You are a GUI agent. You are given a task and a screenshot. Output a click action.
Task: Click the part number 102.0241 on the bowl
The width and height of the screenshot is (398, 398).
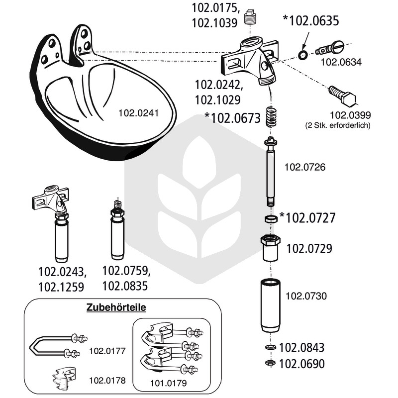pyautogui.click(x=138, y=113)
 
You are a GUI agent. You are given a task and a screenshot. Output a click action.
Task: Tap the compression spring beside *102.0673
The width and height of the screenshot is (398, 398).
pyautogui.click(x=271, y=116)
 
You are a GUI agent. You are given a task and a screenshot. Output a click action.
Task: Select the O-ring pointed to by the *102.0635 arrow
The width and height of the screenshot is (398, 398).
pyautogui.click(x=303, y=55)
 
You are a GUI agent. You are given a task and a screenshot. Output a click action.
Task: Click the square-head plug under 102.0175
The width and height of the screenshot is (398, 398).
pyautogui.click(x=250, y=17)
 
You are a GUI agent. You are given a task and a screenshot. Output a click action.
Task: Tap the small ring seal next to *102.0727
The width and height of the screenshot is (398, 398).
pyautogui.click(x=271, y=218)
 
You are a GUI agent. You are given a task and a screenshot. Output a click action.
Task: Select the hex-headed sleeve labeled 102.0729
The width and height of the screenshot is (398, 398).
pyautogui.click(x=271, y=248)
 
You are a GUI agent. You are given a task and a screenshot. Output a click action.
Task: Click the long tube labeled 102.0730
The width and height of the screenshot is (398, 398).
pyautogui.click(x=271, y=305)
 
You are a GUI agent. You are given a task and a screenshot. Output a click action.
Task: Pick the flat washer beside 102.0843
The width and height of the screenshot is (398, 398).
pyautogui.click(x=270, y=347)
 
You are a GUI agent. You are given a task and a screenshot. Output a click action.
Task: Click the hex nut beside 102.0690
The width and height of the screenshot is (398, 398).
pyautogui.click(x=270, y=363)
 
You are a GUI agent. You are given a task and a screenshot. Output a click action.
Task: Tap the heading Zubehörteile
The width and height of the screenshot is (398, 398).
pyautogui.click(x=116, y=307)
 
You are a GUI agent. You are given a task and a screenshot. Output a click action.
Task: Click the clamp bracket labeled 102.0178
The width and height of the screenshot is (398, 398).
pyautogui.click(x=64, y=379)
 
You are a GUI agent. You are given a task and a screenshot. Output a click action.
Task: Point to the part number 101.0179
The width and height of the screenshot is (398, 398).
pyautogui.click(x=168, y=383)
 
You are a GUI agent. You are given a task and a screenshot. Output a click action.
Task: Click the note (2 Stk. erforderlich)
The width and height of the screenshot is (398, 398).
pyautogui.click(x=338, y=125)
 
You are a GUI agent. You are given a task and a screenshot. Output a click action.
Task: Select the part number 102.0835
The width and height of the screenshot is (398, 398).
pyautogui.click(x=125, y=286)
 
